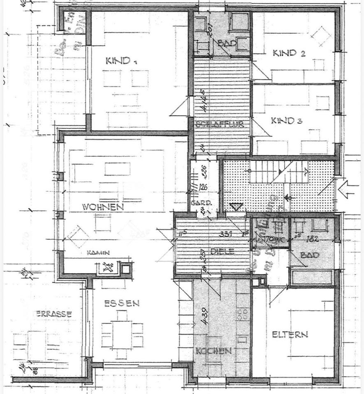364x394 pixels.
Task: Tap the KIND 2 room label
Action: [289, 53]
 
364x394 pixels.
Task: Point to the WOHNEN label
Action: [103, 207]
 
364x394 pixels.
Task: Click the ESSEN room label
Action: [121, 304]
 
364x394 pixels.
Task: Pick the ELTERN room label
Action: [290, 334]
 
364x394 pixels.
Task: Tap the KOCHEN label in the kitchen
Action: [213, 351]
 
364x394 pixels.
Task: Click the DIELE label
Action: [223, 252]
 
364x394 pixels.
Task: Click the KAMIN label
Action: [98, 253]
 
